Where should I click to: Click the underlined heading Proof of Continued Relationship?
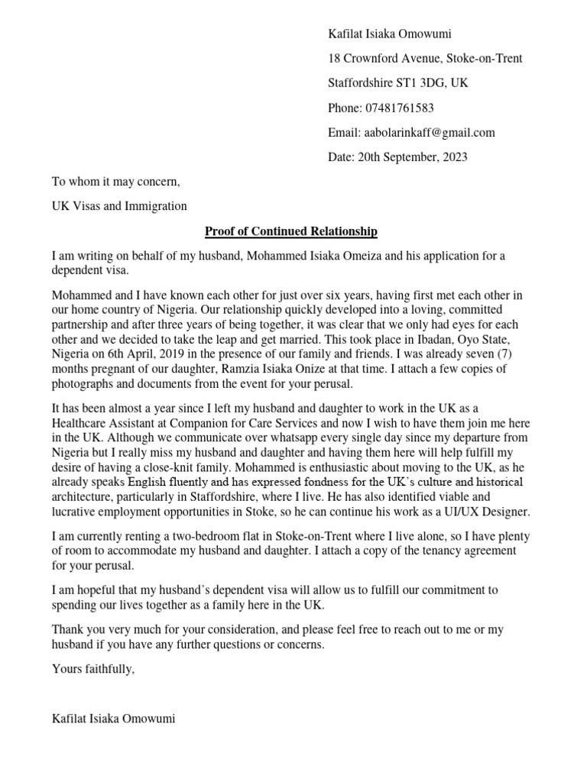click(291, 231)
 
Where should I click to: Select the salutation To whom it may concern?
click(115, 182)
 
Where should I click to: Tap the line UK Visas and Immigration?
click(118, 206)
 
